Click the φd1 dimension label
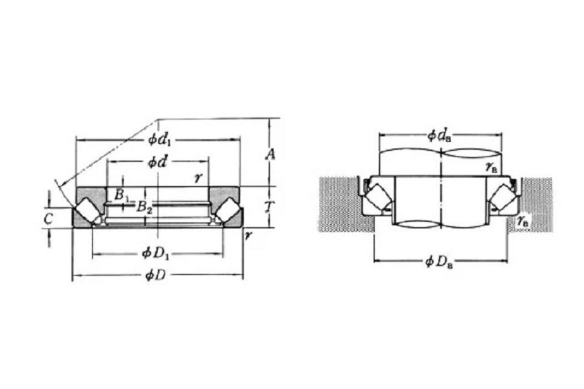159,139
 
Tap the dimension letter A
270,153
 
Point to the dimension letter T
270,207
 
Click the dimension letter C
49,219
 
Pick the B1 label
121,195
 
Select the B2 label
144,207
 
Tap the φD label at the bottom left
155,276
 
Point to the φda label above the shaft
440,136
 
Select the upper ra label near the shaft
491,167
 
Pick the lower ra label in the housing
523,221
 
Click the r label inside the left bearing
198,178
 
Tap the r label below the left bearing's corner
247,235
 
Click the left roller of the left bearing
88,210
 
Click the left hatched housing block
346,204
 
